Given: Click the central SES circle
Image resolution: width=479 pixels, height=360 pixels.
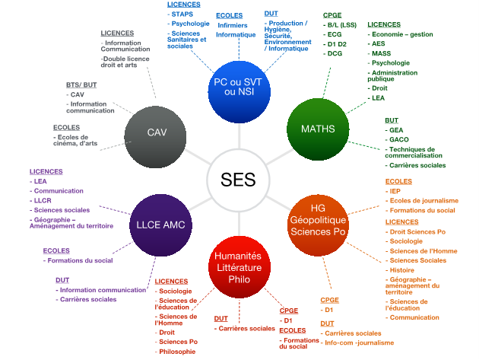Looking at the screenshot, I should pyautogui.click(x=238, y=180).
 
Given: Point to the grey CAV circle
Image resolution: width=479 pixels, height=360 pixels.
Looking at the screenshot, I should pyautogui.click(x=157, y=133).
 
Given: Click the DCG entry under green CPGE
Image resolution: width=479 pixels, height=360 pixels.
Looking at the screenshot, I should pyautogui.click(x=334, y=54).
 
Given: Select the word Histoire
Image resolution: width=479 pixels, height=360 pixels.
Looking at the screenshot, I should pyautogui.click(x=401, y=269).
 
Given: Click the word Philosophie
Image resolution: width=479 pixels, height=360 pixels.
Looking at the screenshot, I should pyautogui.click(x=178, y=352).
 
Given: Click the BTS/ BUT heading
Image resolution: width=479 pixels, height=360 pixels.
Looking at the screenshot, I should pyautogui.click(x=81, y=84).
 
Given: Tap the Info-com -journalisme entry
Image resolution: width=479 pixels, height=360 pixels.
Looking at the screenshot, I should pyautogui.click(x=359, y=342).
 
